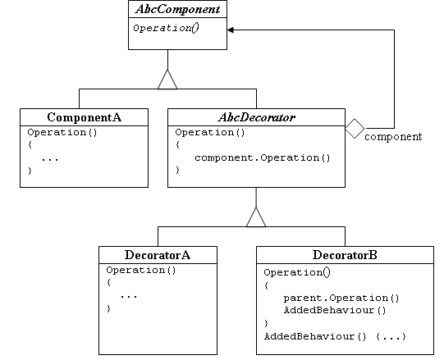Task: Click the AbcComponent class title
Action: click(x=167, y=11)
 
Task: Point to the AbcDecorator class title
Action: click(x=256, y=117)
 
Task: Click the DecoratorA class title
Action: click(x=158, y=255)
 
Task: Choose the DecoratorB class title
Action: click(x=345, y=255)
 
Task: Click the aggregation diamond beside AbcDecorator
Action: click(x=353, y=129)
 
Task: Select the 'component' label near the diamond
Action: click(x=392, y=137)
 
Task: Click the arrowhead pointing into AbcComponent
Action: click(x=232, y=30)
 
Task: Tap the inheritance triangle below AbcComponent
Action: click(x=167, y=80)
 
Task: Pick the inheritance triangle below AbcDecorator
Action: click(x=256, y=217)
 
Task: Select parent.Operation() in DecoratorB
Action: click(x=341, y=298)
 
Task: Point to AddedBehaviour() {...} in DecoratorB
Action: click(x=335, y=336)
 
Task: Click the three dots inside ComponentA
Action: click(x=50, y=158)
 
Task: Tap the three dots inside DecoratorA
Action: click(x=129, y=295)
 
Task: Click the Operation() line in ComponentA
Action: click(x=55, y=131)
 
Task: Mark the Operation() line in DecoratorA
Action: click(x=134, y=269)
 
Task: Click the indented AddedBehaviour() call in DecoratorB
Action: click(x=334, y=310)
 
